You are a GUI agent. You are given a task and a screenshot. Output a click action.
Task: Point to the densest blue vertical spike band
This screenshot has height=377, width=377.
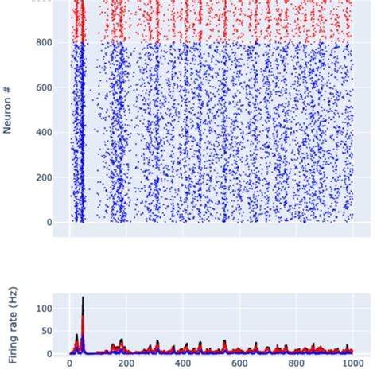[x=79, y=135]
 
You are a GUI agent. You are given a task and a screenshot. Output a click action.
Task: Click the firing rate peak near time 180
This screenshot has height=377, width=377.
[x=121, y=340]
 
